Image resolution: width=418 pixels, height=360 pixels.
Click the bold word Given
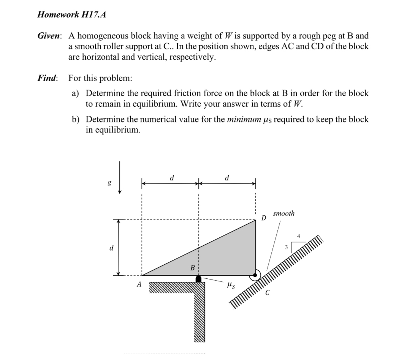point(49,36)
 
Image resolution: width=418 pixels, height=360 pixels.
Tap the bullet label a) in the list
point(76,93)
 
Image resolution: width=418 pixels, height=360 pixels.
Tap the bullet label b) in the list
point(76,120)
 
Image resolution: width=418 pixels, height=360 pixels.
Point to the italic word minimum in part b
point(243,120)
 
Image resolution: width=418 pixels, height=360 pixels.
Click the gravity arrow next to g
point(119,177)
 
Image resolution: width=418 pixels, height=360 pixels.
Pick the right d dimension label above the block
point(227,178)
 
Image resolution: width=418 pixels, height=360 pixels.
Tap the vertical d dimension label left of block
point(111,248)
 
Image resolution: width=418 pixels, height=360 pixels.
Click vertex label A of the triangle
point(139,284)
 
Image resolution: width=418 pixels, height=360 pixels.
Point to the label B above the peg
point(192,268)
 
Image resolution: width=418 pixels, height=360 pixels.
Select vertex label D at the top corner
point(264,218)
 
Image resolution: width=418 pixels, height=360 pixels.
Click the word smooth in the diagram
point(283,213)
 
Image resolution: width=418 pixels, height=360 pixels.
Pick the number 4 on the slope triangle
point(298,236)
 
